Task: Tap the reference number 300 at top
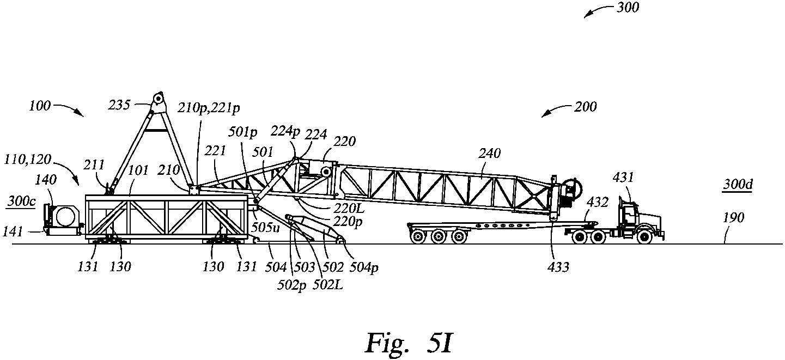[x=628, y=8]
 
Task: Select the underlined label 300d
[x=738, y=185]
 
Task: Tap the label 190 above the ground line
[x=733, y=218]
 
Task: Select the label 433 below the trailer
[x=558, y=267]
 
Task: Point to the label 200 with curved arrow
[x=585, y=107]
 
